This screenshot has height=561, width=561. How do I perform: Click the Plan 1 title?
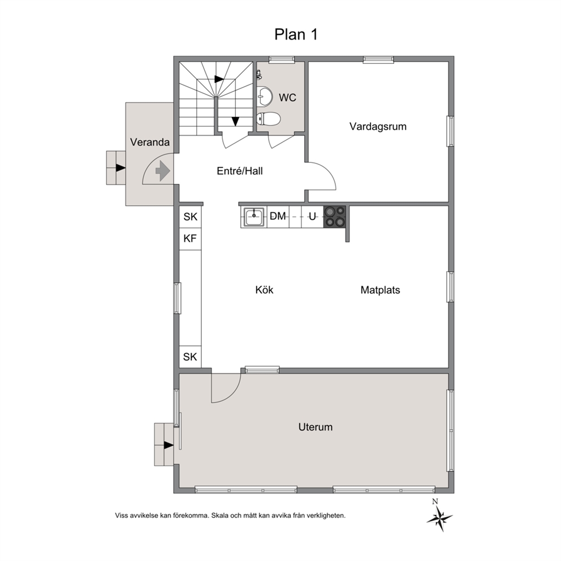(296, 34)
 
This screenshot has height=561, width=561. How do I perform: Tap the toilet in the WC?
(268, 118)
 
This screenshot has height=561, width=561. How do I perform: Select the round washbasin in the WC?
(265, 97)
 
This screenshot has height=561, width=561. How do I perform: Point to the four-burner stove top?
(335, 217)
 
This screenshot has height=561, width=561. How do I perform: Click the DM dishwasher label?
(278, 216)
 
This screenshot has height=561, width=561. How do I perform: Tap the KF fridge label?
(190, 238)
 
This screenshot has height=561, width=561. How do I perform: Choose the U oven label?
(312, 216)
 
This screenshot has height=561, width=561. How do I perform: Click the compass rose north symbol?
(439, 516)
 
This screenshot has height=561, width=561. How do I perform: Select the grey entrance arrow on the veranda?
(163, 171)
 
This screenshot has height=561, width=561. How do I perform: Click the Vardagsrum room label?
(378, 127)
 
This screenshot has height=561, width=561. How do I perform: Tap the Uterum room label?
(315, 427)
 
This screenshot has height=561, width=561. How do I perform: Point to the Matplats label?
(380, 290)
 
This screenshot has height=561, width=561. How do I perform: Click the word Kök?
(264, 290)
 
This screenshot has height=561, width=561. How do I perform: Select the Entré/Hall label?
(240, 171)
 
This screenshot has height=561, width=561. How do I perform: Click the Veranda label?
(149, 143)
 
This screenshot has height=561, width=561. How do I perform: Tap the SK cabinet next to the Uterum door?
(190, 357)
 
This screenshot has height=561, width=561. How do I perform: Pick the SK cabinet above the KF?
(191, 217)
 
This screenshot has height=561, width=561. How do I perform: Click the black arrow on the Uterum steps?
(169, 446)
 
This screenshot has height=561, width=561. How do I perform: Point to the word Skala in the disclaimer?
(219, 516)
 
